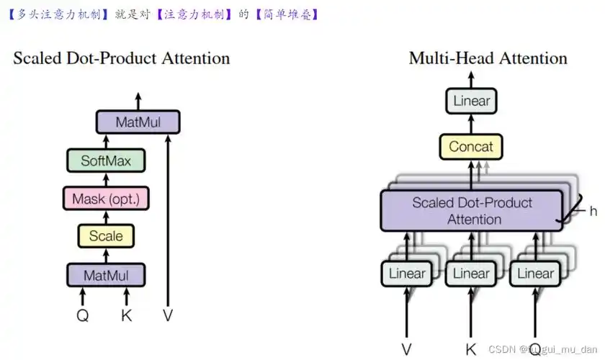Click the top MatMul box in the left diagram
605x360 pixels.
[138, 122]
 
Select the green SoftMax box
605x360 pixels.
[106, 161]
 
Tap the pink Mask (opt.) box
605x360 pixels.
[106, 198]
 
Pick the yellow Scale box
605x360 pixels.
[106, 235]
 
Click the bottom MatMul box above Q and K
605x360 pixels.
[106, 274]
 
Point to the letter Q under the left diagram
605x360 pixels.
[83, 315]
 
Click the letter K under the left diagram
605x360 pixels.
[127, 315]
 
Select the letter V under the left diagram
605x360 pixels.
[168, 315]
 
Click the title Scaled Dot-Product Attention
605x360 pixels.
[122, 58]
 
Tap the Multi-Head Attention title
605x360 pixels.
[488, 58]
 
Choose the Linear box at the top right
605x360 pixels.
[471, 101]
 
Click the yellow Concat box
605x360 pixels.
[471, 147]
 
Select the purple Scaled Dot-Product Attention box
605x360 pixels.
[471, 210]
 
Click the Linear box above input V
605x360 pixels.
[407, 274]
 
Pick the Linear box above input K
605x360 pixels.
[471, 274]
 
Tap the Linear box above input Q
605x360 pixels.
[535, 274]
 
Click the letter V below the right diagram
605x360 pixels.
[407, 349]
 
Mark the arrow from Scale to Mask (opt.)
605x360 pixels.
[106, 217]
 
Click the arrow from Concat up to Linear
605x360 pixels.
[471, 124]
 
